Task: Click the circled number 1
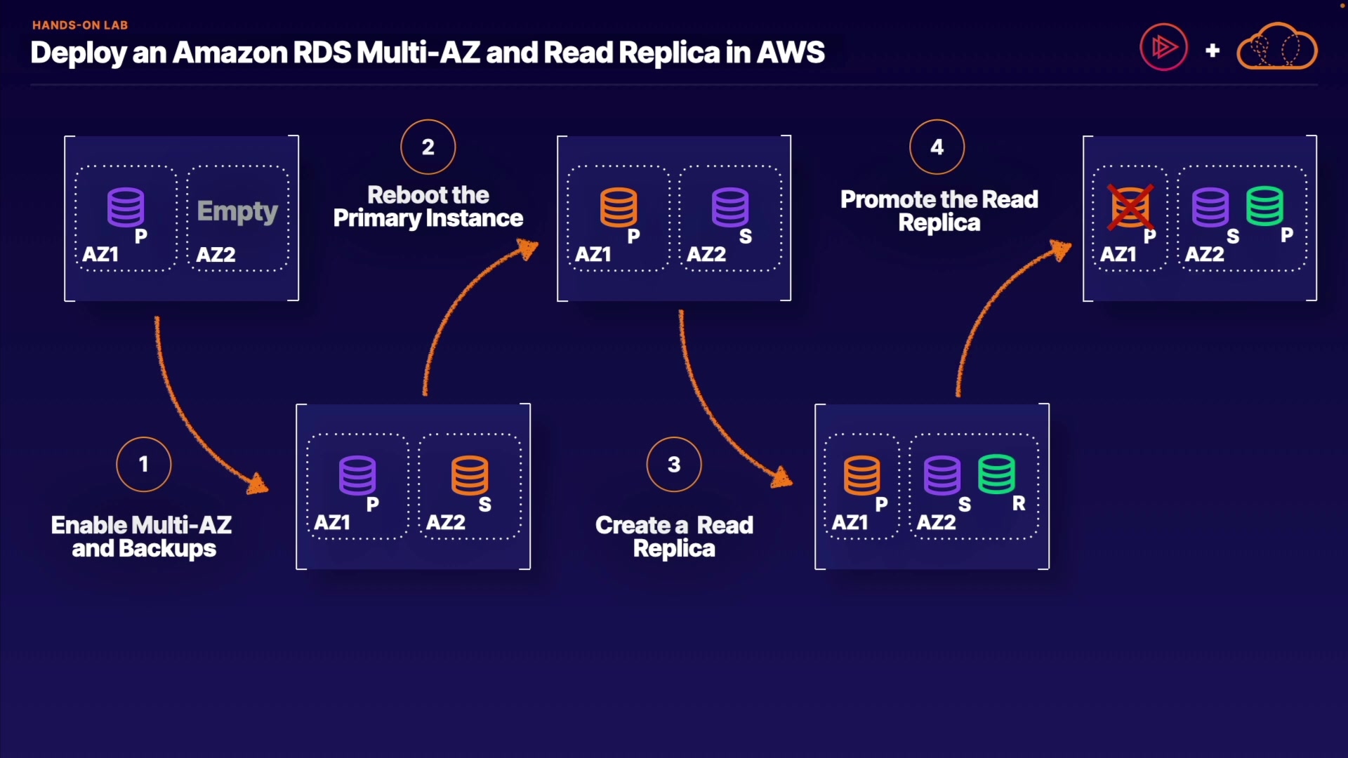144,465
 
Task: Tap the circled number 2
428,147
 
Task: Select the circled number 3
674,465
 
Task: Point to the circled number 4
937,147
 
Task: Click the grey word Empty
237,211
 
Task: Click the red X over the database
1130,207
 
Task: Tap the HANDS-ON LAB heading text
80,25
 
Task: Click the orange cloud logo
1277,47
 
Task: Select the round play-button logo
1163,48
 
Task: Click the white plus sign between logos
1212,51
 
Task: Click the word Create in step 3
633,526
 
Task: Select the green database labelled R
996,474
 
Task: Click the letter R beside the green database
1019,504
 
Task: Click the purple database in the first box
126,207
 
